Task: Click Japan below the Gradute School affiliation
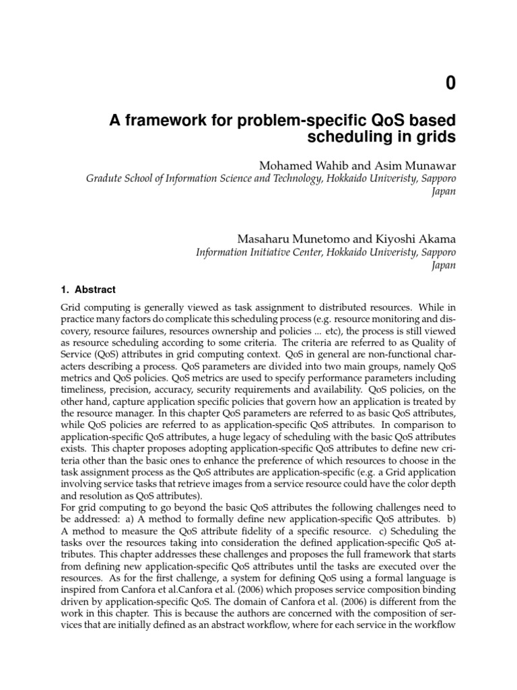tap(443, 191)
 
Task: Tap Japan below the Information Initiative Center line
tap(443, 265)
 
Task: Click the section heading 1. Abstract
tap(88, 290)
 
